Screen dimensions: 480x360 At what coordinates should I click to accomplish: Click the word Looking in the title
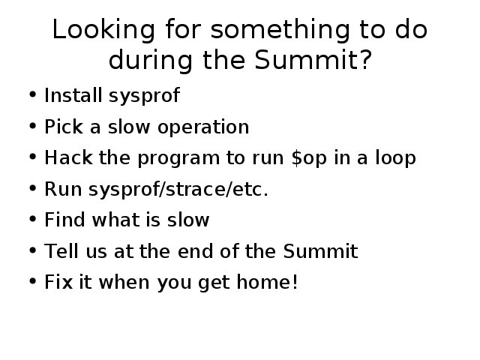(103, 30)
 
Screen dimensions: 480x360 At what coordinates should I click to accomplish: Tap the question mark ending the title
(365, 59)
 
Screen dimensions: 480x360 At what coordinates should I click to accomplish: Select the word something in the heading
(280, 30)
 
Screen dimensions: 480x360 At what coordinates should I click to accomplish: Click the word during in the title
(151, 60)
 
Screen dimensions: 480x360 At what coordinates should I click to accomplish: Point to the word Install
(73, 95)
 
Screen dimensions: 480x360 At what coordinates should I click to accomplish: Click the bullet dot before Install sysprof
(32, 94)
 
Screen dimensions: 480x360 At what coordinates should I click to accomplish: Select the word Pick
(64, 127)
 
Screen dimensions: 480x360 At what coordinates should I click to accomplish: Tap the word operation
(203, 127)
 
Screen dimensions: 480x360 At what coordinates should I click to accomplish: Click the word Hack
(68, 157)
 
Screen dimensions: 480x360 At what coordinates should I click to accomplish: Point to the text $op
(309, 158)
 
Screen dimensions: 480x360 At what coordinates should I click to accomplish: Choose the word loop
(395, 158)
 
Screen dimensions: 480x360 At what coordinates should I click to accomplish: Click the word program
(178, 159)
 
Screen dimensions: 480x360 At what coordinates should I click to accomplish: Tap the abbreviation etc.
(250, 190)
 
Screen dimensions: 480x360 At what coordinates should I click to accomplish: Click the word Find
(65, 220)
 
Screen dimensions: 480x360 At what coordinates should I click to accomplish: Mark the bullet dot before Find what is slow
(32, 218)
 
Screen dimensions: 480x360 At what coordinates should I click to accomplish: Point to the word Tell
(61, 251)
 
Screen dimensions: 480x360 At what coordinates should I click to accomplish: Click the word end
(195, 251)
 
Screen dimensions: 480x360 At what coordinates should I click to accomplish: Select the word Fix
(58, 282)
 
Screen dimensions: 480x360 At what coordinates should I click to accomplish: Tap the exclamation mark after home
(295, 282)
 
